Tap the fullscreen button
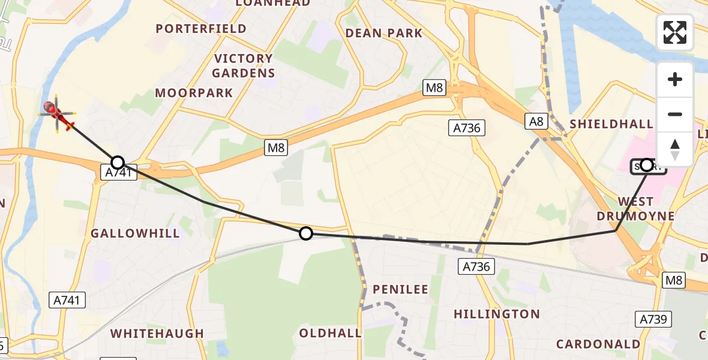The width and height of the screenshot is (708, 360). pos(675,32)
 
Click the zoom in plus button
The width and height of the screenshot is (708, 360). pos(675,79)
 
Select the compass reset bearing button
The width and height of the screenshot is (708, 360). pos(675,149)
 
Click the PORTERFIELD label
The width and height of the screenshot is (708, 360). pos(201,29)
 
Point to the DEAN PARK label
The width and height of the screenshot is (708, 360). pos(384,33)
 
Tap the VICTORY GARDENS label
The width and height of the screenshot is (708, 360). pos(244,66)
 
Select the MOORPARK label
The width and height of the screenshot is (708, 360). pos(194,93)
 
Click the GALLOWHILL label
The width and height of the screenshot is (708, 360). pos(135,233)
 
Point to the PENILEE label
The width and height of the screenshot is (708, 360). pos(401,290)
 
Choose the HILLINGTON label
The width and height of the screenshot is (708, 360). pos(497,314)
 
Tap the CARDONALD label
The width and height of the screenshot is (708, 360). pos(598,344)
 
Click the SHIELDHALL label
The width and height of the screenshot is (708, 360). pos(611,124)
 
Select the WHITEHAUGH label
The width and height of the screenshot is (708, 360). pos(157,334)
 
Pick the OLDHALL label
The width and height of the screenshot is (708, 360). pos(331,333)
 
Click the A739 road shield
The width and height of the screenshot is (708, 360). pos(654,319)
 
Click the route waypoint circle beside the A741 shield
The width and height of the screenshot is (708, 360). pos(118,162)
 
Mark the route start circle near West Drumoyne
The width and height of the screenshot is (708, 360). pos(647,164)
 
